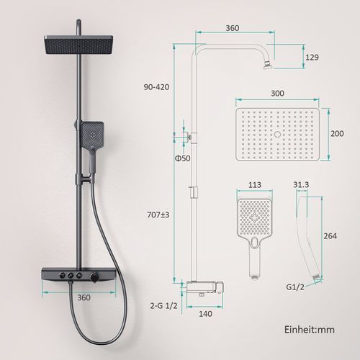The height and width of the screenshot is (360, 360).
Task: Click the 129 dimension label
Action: click(312, 58)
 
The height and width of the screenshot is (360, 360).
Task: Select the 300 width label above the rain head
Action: click(277, 93)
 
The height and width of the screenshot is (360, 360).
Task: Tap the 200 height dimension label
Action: click(337, 133)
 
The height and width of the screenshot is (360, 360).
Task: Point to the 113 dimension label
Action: click(255, 185)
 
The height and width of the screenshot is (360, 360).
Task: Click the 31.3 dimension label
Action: click(301, 184)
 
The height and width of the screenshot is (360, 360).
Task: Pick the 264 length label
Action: click(330, 236)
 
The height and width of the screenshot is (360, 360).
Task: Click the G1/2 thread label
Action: click(295, 287)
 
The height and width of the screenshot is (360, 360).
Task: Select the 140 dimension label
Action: click(205, 314)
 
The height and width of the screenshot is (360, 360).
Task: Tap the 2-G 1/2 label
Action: click(164, 305)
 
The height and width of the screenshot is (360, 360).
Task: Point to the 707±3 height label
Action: click(158, 215)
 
